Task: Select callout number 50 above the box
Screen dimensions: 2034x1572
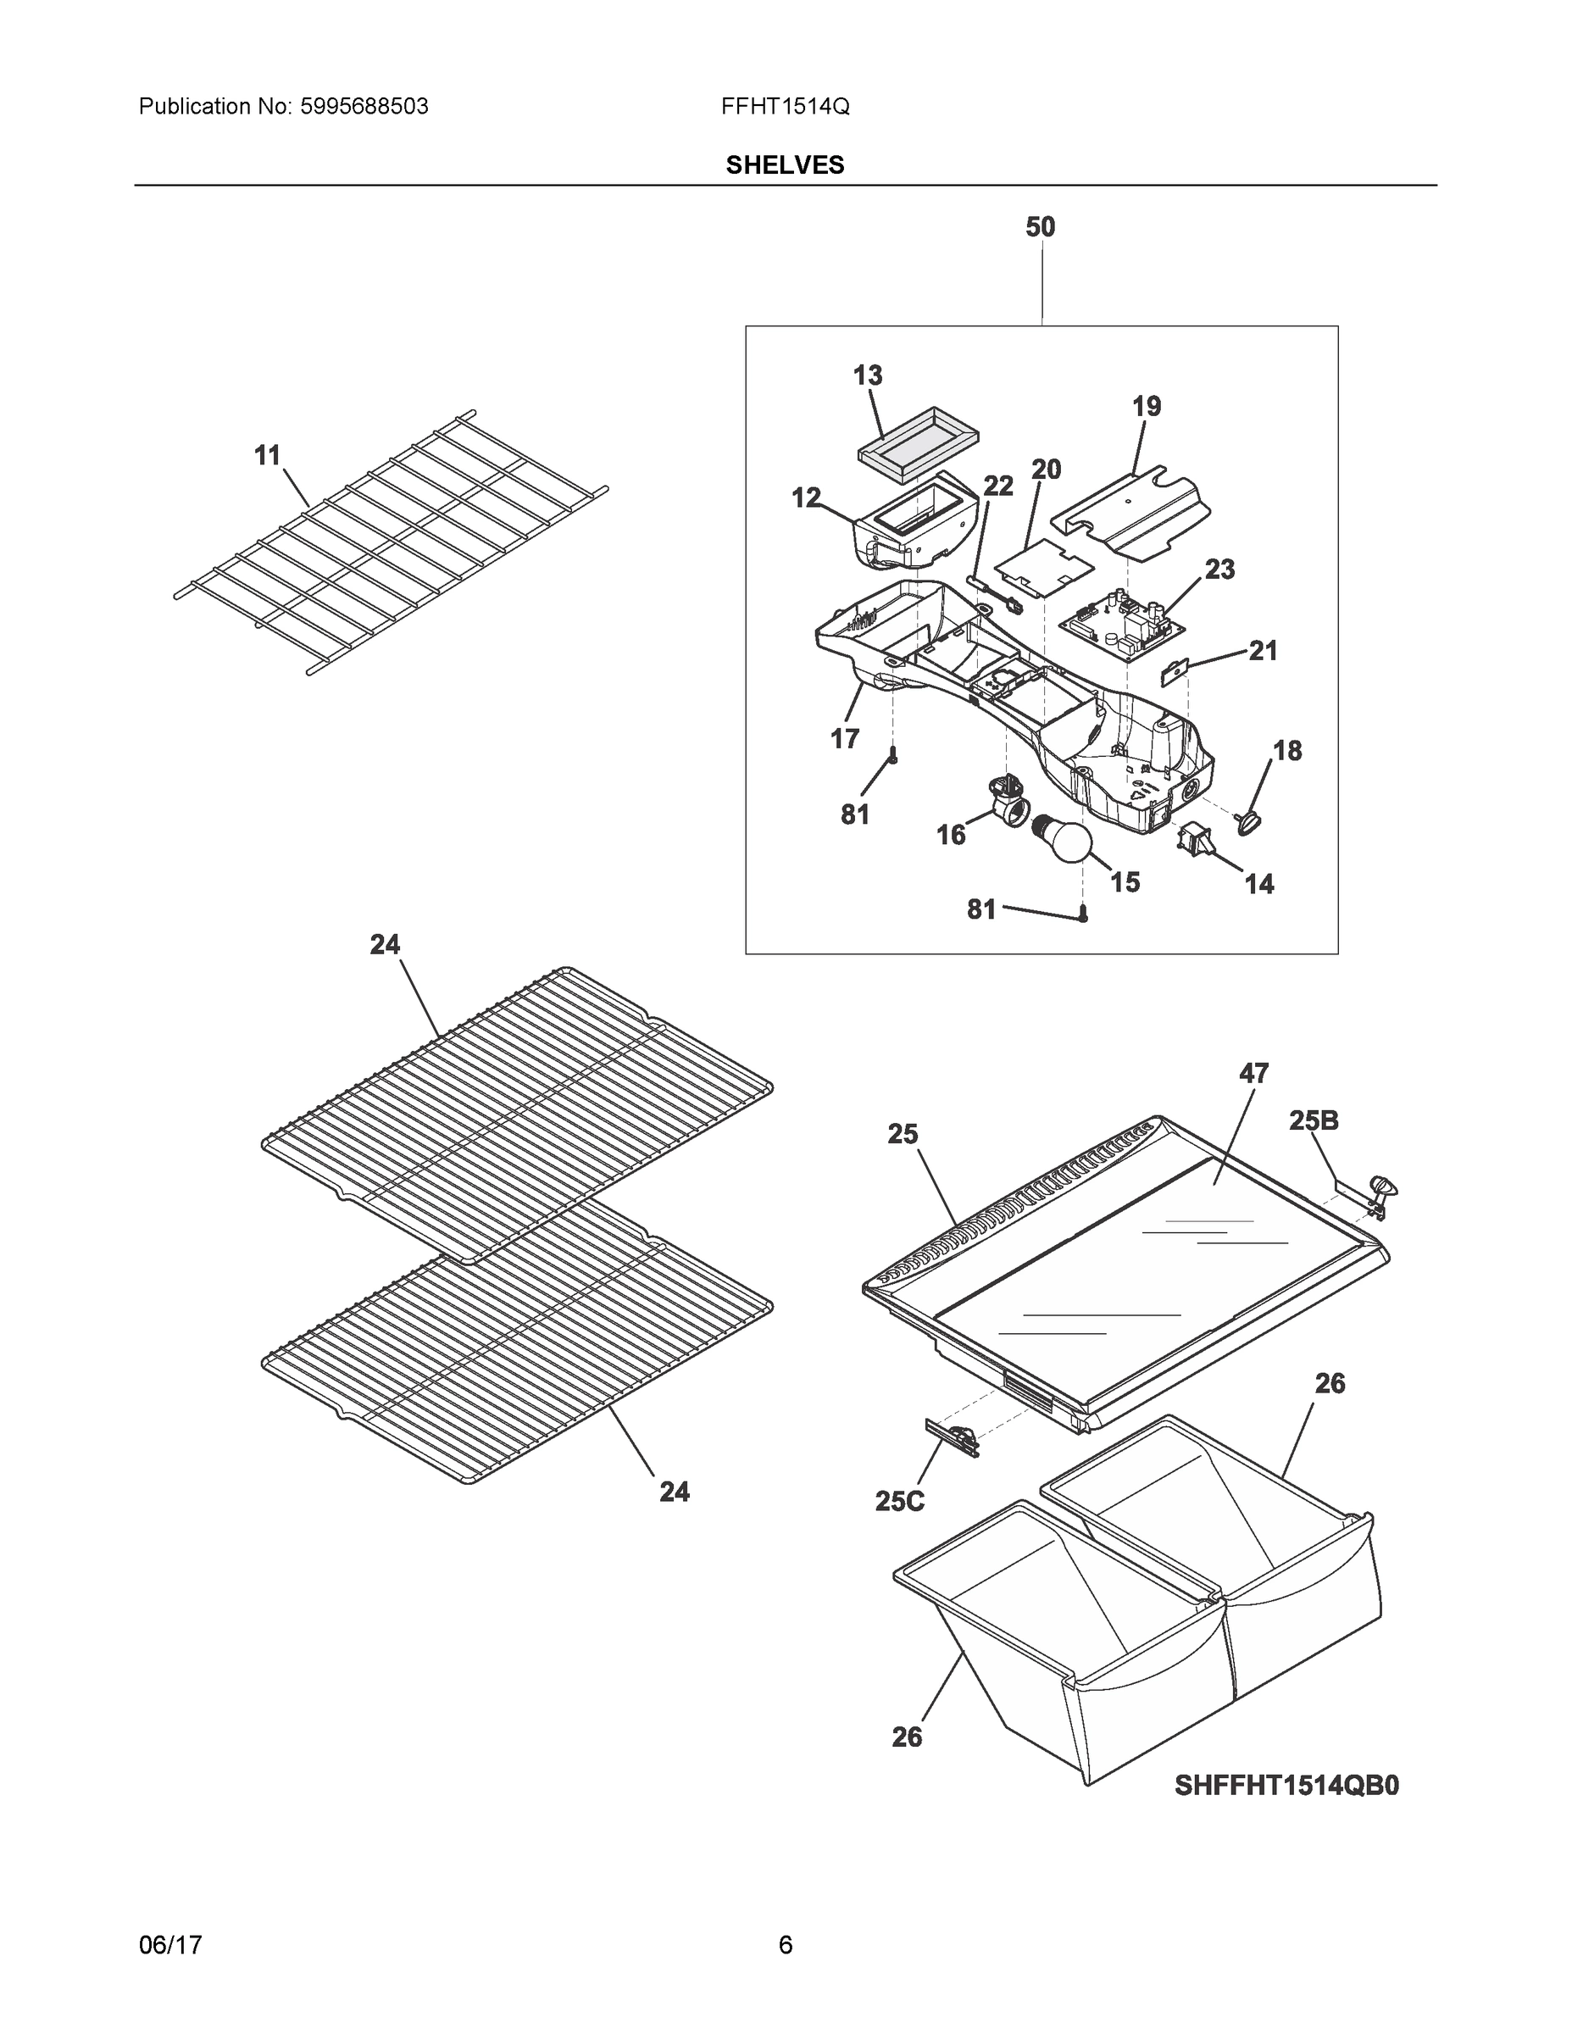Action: coord(1041,226)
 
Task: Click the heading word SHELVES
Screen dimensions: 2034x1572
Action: coord(785,165)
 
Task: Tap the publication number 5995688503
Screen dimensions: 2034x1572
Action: coord(364,107)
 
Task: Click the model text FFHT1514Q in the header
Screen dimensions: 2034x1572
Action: coord(785,107)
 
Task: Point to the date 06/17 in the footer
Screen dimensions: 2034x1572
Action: coord(170,1945)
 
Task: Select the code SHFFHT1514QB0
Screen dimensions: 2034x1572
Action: coord(1286,1787)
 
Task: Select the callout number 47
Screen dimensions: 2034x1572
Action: coord(1253,1073)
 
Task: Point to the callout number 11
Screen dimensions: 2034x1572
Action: coord(267,455)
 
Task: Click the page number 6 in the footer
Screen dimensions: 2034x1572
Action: coord(785,1945)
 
